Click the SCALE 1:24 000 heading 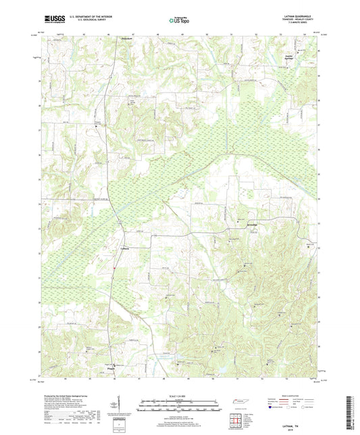click(179, 395)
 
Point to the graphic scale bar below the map click(179, 407)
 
